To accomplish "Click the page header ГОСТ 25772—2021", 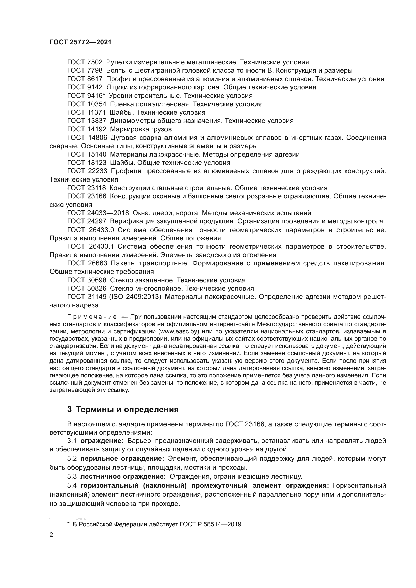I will tap(80, 42).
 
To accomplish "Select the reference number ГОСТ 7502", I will tap(85, 62).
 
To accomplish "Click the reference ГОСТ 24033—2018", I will tap(98, 213).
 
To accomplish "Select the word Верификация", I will tap(133, 221).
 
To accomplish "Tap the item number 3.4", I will tap(72, 486).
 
